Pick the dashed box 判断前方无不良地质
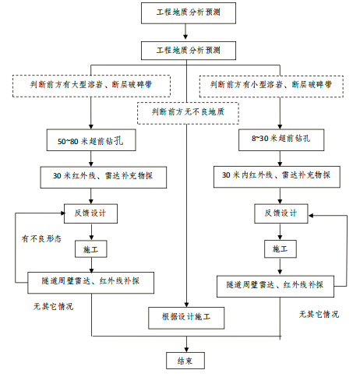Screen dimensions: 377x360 click(x=185, y=112)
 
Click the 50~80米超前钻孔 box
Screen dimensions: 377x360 click(x=91, y=143)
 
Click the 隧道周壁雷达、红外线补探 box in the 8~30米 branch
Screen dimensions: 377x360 click(x=275, y=284)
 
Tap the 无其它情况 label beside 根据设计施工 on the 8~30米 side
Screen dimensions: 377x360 click(x=319, y=315)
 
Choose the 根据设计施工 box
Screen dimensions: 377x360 click(x=185, y=318)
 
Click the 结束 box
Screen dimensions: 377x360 click(x=185, y=360)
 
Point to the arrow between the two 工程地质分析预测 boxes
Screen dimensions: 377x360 click(x=185, y=32)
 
